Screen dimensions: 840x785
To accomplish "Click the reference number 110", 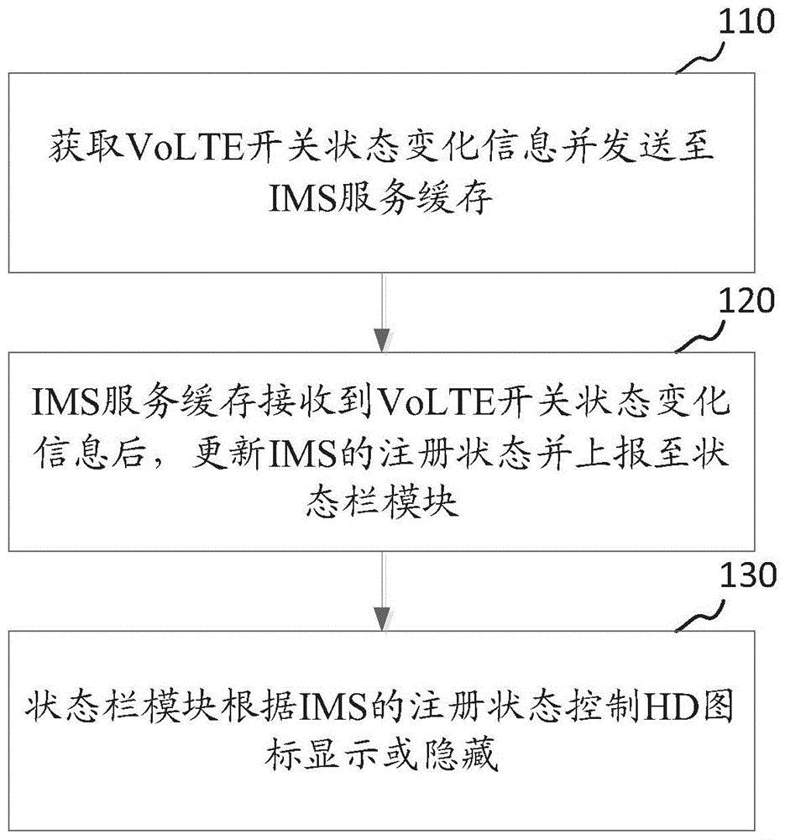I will coord(744,23).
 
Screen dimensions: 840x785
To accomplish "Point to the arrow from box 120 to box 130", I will coord(383,591).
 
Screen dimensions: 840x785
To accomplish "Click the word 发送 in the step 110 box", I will coord(615,150).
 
